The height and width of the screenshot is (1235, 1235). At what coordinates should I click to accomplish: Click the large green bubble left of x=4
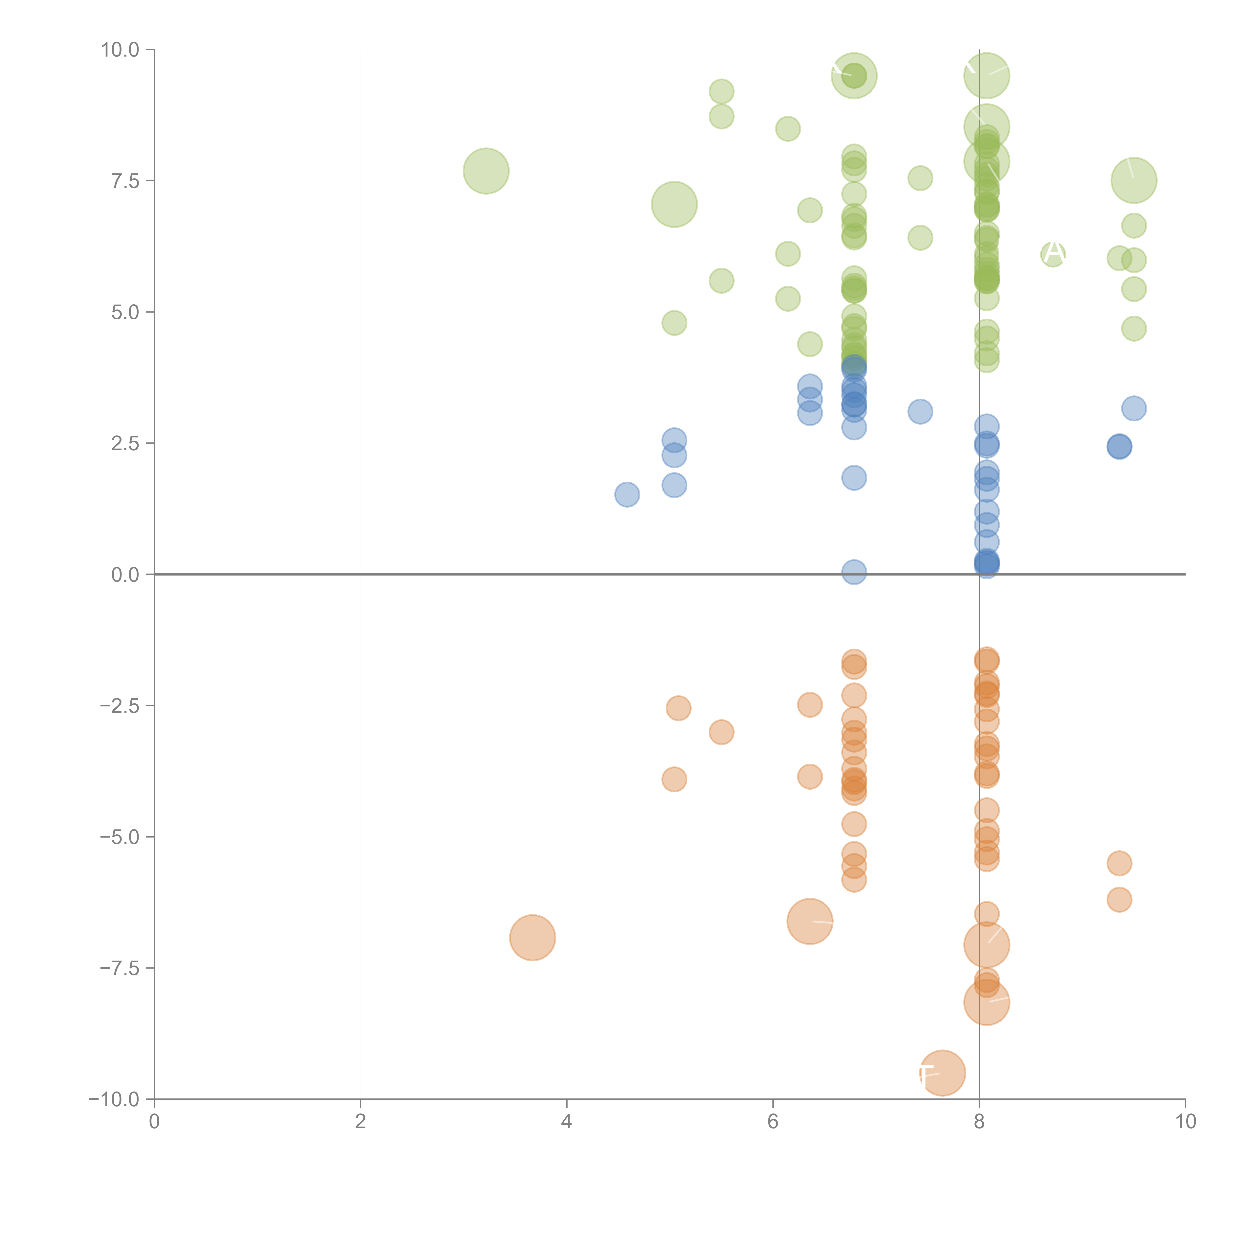click(x=486, y=171)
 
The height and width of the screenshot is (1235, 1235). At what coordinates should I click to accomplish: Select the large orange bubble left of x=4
click(x=533, y=938)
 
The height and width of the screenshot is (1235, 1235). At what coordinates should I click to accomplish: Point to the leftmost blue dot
click(x=627, y=494)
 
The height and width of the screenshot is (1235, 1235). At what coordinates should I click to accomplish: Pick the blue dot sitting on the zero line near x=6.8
click(x=854, y=572)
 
